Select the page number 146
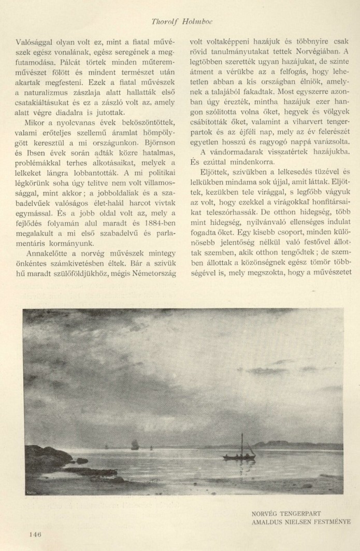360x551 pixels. (36, 534)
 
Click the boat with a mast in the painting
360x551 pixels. (239, 456)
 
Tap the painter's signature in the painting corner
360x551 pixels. (31, 489)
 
